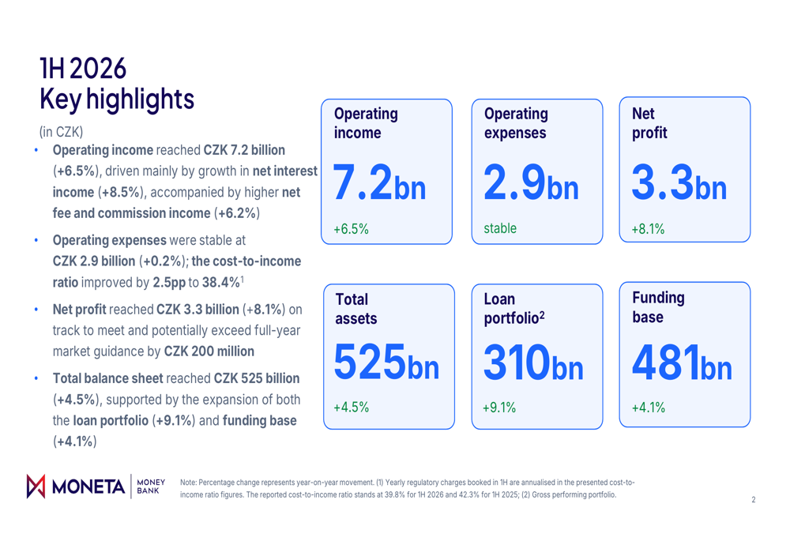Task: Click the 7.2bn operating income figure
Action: [x=379, y=182]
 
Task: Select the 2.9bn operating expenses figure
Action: [x=531, y=182]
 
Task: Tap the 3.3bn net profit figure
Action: [x=679, y=182]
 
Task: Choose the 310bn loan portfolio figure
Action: [x=533, y=362]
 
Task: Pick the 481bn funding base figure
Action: [x=682, y=362]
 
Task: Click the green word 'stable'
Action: [x=500, y=228]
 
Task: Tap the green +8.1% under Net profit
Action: [x=648, y=229]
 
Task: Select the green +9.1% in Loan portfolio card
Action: [x=499, y=408]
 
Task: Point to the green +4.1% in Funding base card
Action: [x=649, y=408]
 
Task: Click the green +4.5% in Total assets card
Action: [x=352, y=407]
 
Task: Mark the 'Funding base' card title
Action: [x=658, y=307]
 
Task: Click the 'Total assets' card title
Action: [x=355, y=309]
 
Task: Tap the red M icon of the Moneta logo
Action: [x=36, y=486]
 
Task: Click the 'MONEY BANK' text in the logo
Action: [x=151, y=487]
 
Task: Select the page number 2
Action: [x=754, y=500]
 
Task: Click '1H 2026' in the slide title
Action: [x=83, y=69]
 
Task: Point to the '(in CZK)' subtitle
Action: [x=61, y=132]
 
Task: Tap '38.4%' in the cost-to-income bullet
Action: [x=221, y=282]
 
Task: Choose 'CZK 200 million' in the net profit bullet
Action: [x=209, y=351]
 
